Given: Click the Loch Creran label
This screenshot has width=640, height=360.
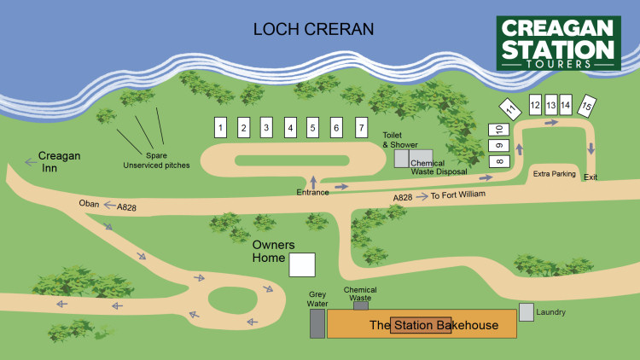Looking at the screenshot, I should click(x=313, y=30).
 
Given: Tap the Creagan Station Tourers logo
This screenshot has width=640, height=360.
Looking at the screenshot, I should click(x=559, y=43).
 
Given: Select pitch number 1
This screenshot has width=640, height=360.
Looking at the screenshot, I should click(x=220, y=128).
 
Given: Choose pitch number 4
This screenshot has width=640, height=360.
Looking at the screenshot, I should click(x=290, y=128).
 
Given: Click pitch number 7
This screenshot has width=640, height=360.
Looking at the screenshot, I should click(x=361, y=128).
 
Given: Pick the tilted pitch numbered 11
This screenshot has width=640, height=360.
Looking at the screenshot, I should click(x=510, y=110).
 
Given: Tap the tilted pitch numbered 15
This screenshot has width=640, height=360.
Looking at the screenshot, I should click(x=586, y=106).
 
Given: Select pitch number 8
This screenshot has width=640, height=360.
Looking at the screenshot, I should click(x=499, y=161).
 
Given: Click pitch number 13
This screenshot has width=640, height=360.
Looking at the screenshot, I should click(x=551, y=104).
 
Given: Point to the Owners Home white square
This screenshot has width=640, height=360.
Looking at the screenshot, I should click(x=301, y=264).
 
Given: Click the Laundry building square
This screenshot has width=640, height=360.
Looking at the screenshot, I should click(x=527, y=312).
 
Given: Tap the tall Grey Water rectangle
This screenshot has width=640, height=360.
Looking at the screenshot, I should click(x=317, y=323).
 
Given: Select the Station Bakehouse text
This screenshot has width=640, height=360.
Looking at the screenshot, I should click(x=433, y=325).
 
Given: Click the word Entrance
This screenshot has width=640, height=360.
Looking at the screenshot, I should click(x=312, y=193).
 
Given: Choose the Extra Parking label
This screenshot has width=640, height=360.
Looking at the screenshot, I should click(x=555, y=174).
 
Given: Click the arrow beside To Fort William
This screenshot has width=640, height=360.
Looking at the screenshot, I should click(x=423, y=197).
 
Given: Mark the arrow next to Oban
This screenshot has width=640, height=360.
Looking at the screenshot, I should click(x=108, y=206).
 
